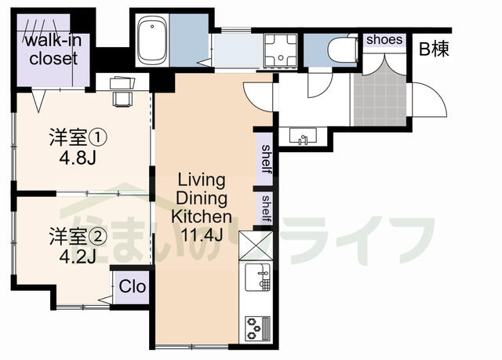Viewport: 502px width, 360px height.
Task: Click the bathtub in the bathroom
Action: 152,40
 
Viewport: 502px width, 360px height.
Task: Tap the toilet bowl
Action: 342,49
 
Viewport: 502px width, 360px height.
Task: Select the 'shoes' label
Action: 384,40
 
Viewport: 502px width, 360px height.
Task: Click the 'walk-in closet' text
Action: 53,49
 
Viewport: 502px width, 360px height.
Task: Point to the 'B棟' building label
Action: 434,49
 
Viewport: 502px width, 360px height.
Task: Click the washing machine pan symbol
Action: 281,52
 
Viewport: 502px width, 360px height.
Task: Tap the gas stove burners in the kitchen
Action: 257,328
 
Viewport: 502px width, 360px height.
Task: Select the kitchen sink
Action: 257,277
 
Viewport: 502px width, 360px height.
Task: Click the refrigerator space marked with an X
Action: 256,245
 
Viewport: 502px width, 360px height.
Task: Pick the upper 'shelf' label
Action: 267,159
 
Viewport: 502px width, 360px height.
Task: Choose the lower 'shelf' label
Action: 267,209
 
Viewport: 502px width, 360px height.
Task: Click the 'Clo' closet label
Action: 133,286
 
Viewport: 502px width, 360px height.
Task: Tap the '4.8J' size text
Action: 78,158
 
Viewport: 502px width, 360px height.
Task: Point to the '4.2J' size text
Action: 78,256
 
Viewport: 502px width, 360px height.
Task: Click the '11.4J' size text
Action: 202,235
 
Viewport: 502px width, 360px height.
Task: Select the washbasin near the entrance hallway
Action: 303,136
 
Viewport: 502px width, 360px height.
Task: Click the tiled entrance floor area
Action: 380,99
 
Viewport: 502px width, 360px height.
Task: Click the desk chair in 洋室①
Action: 122,98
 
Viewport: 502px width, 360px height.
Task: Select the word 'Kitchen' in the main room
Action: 202,216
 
